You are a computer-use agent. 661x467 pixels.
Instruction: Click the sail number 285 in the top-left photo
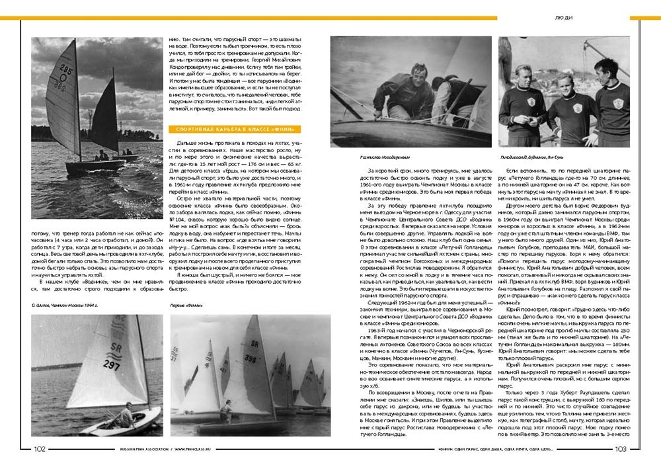[x=66, y=69]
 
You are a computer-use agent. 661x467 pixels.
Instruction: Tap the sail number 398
[x=251, y=358]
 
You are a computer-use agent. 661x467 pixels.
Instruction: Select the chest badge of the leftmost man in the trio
[x=530, y=101]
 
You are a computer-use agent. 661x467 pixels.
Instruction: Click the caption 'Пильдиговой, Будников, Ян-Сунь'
[x=535, y=158]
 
